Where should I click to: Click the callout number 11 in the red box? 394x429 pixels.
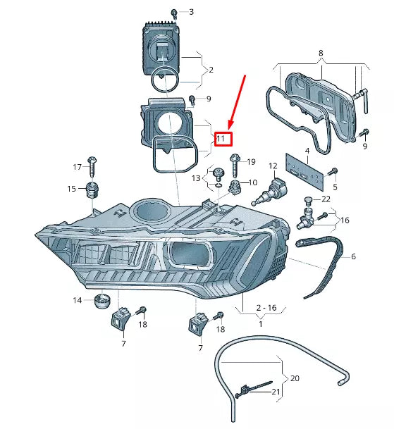(221, 139)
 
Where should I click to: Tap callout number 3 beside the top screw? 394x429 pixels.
(190, 12)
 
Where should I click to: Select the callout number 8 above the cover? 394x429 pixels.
(321, 54)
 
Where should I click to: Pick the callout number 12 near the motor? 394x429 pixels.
(272, 166)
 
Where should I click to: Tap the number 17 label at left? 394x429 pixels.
(78, 167)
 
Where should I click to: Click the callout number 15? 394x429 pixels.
(72, 189)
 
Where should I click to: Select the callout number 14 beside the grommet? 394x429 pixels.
(77, 301)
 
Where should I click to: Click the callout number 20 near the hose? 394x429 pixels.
(295, 378)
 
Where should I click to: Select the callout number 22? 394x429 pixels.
(326, 199)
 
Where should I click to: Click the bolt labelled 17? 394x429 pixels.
(92, 163)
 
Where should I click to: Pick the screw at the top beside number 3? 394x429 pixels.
(173, 12)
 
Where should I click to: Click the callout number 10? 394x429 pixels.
(254, 183)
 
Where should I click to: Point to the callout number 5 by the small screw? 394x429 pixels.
(335, 187)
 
